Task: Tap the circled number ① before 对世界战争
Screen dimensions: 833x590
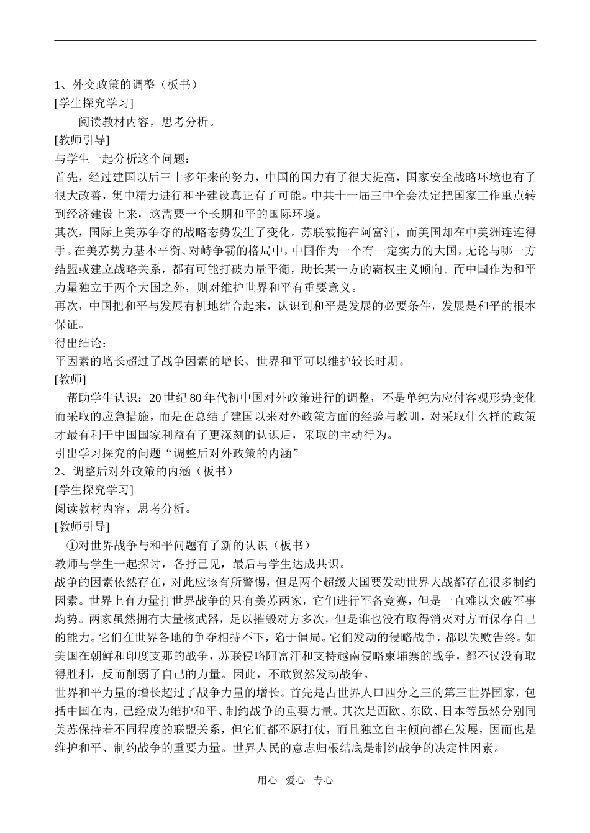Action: coord(70,546)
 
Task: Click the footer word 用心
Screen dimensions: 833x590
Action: coord(266,780)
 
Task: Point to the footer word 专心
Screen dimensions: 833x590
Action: coord(324,780)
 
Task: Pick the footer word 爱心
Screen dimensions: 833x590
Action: coord(295,780)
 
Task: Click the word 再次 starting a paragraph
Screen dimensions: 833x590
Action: coord(66,306)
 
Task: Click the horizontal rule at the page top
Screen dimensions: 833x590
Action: coord(295,41)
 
